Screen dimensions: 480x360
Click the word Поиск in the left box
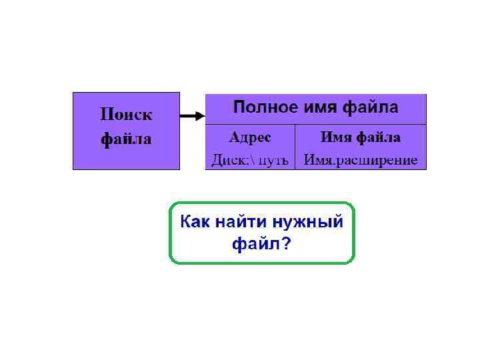coord(126,115)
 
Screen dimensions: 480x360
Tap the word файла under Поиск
coord(126,139)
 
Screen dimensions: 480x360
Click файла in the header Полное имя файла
coord(370,107)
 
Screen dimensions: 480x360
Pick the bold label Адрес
coord(250,137)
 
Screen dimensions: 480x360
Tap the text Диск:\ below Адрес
coord(231,160)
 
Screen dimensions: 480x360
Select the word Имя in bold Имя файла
coord(335,137)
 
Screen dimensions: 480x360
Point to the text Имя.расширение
coord(361,160)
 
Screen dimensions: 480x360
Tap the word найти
coord(241,221)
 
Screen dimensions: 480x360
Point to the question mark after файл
coord(285,244)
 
